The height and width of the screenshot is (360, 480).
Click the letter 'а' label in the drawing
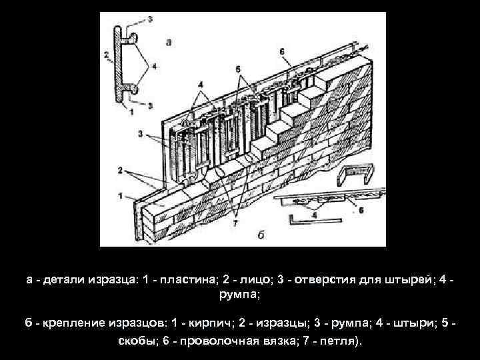169,41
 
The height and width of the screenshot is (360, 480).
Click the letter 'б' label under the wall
261,235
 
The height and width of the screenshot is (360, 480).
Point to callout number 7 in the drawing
235,223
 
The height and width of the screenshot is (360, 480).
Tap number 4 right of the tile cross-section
155,65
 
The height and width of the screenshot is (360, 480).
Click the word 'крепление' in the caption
73,323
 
